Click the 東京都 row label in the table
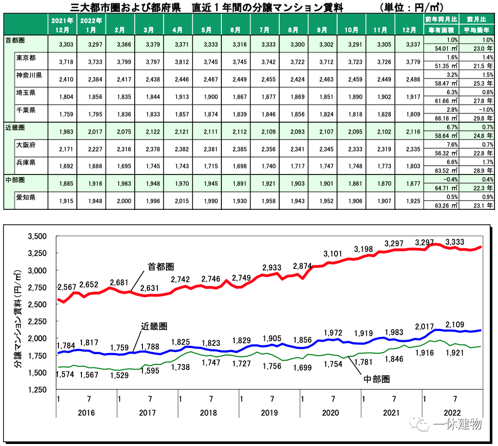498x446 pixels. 26,57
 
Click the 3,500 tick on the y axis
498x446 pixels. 36,236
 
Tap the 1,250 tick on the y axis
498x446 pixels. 36,390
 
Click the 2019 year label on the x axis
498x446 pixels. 269,413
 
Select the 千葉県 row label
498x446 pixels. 26,110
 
